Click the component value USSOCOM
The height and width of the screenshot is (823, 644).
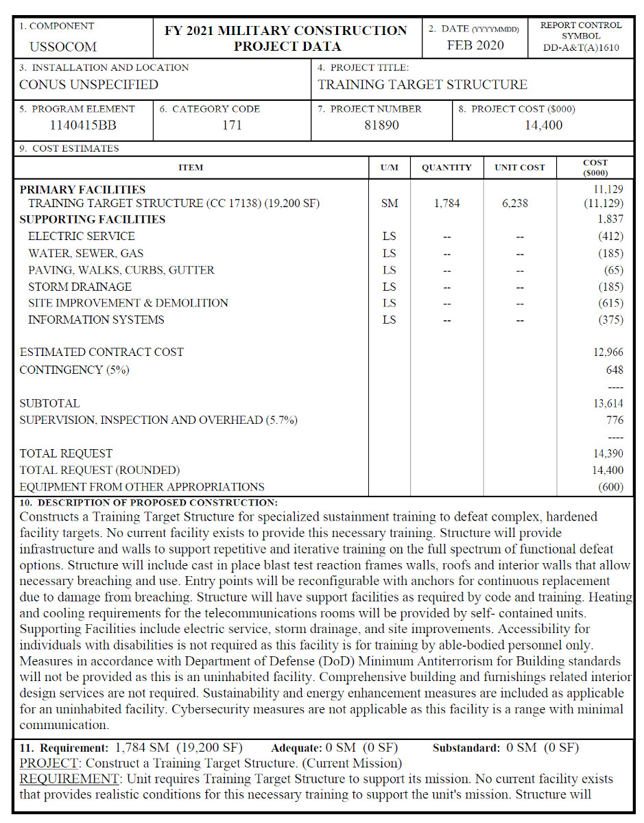click(x=63, y=47)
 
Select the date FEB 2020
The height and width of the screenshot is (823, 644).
click(x=475, y=45)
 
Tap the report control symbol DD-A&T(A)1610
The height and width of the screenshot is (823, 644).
click(x=581, y=47)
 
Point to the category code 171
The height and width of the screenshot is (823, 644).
click(x=232, y=125)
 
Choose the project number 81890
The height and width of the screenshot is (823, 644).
click(x=381, y=125)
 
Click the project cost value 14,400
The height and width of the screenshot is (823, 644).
click(x=543, y=125)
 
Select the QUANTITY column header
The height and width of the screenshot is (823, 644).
click(x=446, y=167)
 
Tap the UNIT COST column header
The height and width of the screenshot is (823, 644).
click(x=519, y=167)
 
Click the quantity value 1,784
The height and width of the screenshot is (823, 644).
click(x=446, y=203)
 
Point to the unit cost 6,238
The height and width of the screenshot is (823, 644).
click(x=519, y=203)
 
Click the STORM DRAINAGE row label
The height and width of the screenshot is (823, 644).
click(x=80, y=287)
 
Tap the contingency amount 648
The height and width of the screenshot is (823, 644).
click(x=615, y=370)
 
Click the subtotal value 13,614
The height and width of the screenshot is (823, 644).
click(x=608, y=403)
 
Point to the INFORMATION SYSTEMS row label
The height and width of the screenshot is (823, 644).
click(x=96, y=320)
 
